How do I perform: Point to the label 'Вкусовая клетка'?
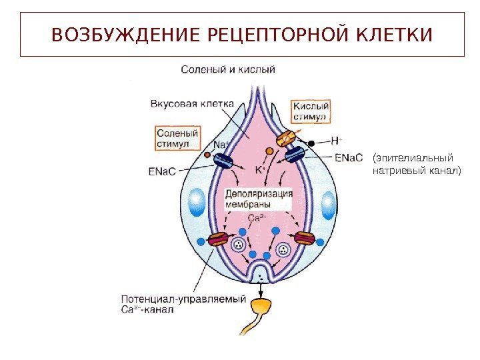tap(191, 103)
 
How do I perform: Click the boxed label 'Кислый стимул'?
tap(310, 111)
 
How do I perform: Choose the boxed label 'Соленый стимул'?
tap(178, 138)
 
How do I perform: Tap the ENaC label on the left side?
tap(162, 171)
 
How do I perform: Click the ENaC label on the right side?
tap(349, 158)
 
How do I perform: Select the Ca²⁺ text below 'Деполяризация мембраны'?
tap(257, 218)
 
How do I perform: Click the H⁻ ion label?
tap(337, 141)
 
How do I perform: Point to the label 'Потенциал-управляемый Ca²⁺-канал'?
tap(183, 304)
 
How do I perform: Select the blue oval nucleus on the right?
tap(327, 203)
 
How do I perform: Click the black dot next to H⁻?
tap(311, 143)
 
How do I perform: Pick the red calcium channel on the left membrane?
tap(218, 239)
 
